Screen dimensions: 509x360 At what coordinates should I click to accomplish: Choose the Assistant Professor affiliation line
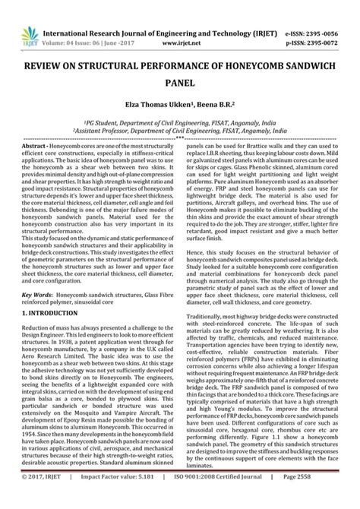coord(179,131)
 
